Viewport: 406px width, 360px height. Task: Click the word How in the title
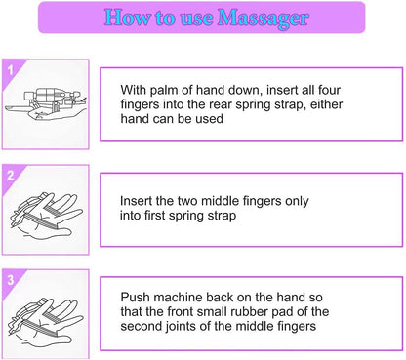coord(126,18)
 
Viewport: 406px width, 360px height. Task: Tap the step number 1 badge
coord(11,70)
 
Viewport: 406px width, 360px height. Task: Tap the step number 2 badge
coord(11,176)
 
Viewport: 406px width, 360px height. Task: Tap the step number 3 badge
coord(11,278)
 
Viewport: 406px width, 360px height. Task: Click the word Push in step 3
coord(137,296)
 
